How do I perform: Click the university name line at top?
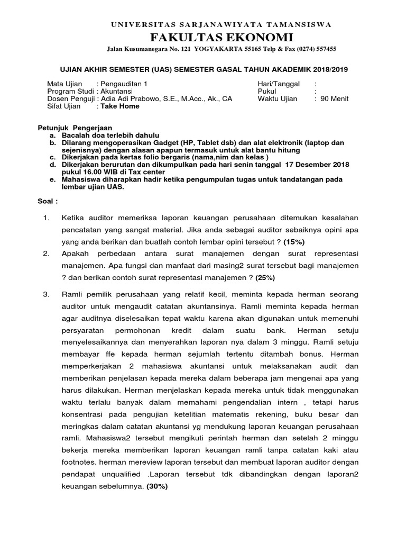[220, 24]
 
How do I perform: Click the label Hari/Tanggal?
[278, 84]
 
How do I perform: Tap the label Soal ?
[48, 202]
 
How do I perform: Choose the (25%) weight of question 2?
[266, 277]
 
